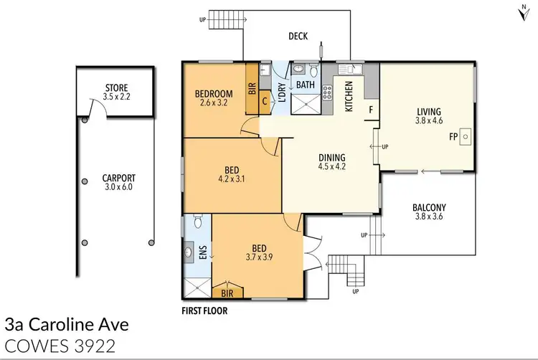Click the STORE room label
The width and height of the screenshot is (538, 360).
[115, 92]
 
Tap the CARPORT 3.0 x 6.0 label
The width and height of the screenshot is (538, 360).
[118, 182]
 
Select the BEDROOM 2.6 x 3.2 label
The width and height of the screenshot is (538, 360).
[213, 98]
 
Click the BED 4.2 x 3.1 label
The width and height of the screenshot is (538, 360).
[230, 174]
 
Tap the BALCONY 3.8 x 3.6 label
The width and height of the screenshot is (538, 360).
[429, 213]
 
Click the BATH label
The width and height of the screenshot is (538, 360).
[306, 84]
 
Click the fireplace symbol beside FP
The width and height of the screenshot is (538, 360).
[464, 135]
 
